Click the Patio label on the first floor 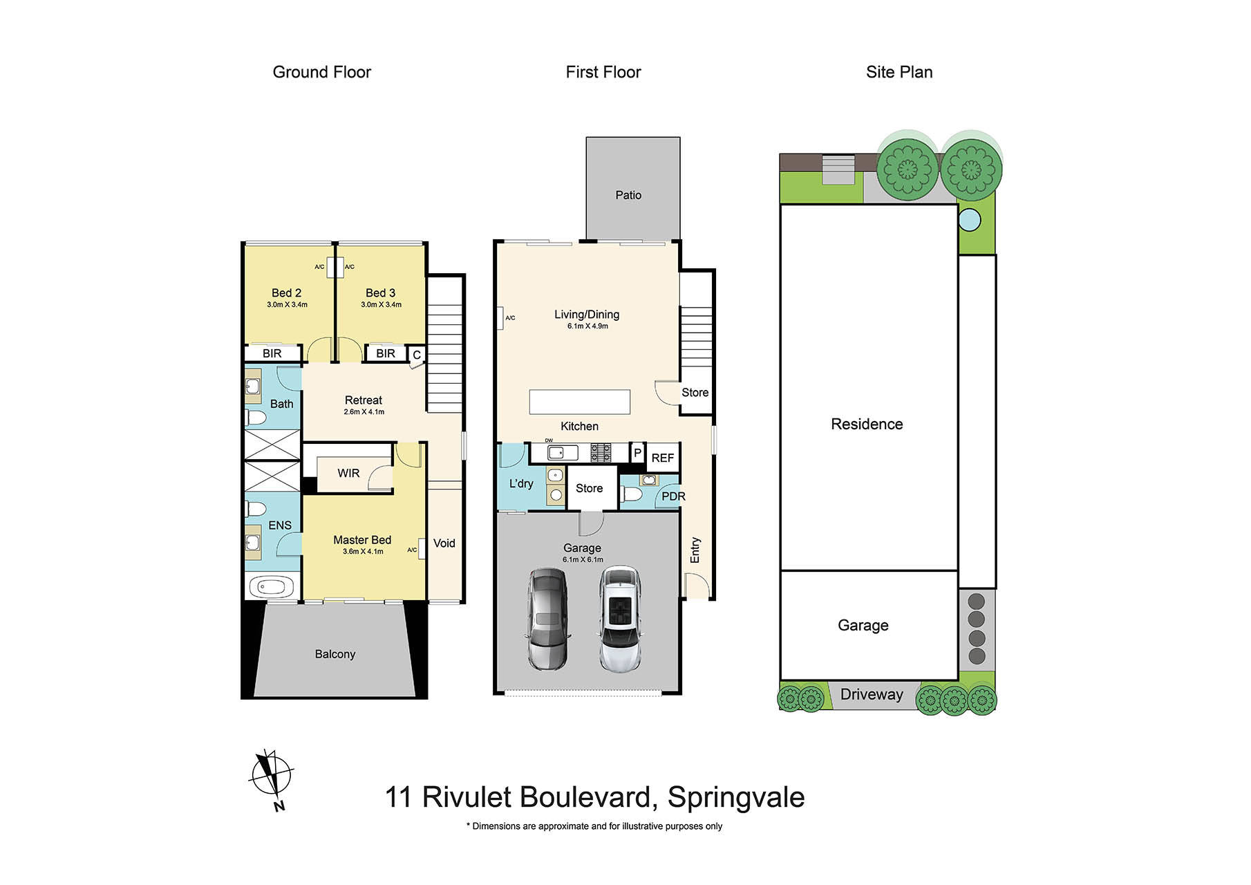coord(628,196)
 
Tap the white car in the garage coord(619,619)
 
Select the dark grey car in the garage coord(548,617)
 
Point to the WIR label coord(348,474)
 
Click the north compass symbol coord(271,774)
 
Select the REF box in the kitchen coord(662,458)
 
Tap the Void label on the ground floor coord(444,543)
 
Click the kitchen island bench coord(579,402)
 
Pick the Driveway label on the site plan coord(872,695)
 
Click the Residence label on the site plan coord(867,425)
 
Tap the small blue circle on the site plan coord(970,220)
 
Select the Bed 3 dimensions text coord(381,305)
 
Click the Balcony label coord(335,654)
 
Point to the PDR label coord(673,496)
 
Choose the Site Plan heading coord(899,73)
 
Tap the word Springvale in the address coord(735,797)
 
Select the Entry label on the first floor coord(695,550)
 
